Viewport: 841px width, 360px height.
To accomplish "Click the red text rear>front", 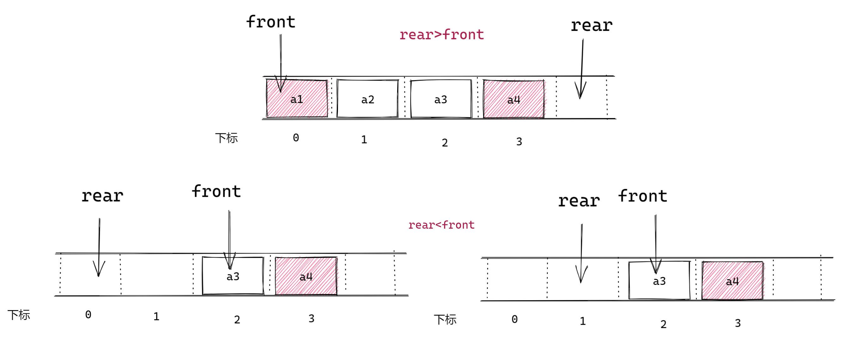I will pyautogui.click(x=441, y=35).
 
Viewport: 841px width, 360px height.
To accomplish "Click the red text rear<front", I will pyautogui.click(x=441, y=225).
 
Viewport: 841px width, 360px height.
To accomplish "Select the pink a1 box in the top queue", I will pyautogui.click(x=296, y=99).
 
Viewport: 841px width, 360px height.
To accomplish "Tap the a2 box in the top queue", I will pyautogui.click(x=368, y=99).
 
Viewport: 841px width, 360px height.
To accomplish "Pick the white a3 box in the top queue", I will pyautogui.click(x=441, y=99).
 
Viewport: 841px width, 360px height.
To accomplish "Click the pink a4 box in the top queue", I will pyautogui.click(x=514, y=99).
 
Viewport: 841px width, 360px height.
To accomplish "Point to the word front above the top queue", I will pyautogui.click(x=271, y=22).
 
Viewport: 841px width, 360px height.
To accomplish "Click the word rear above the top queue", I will pyautogui.click(x=591, y=26).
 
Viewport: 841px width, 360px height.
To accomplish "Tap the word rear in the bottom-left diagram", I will pyautogui.click(x=102, y=196).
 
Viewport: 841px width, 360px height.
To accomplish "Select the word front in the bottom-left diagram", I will pyautogui.click(x=216, y=192).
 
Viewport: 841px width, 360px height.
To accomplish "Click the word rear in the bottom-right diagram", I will pyautogui.click(x=579, y=201).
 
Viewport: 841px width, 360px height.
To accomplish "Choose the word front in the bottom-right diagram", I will pyautogui.click(x=643, y=196).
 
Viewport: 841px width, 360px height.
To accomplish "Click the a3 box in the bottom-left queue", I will pyautogui.click(x=233, y=276).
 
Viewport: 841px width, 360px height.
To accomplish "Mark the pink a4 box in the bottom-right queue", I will pyautogui.click(x=732, y=281).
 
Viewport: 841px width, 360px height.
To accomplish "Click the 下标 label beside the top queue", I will pyautogui.click(x=226, y=138).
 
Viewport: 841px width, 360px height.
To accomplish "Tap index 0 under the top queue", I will pyautogui.click(x=296, y=138).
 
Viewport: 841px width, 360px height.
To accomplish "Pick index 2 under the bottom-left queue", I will pyautogui.click(x=237, y=320).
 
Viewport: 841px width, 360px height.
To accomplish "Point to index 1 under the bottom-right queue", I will pyautogui.click(x=583, y=321).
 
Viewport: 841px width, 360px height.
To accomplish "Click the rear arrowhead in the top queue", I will pyautogui.click(x=580, y=91).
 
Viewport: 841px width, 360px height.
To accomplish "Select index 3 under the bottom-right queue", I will pyautogui.click(x=738, y=323).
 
